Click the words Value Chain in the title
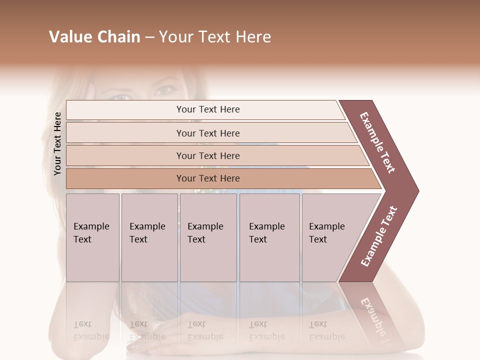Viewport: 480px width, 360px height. click(x=94, y=37)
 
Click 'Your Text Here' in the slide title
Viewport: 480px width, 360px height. click(x=215, y=37)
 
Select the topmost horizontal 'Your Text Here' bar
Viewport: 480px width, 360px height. click(x=208, y=109)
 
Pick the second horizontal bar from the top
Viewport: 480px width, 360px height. click(x=208, y=133)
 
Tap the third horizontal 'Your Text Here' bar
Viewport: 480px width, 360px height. click(x=208, y=155)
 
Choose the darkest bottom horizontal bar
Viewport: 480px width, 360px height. click(x=208, y=178)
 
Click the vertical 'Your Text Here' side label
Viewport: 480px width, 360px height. click(x=57, y=143)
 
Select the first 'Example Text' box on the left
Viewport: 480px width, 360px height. click(x=92, y=237)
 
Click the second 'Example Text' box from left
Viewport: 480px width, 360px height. click(x=149, y=237)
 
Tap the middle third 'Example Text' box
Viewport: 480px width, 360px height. click(x=208, y=237)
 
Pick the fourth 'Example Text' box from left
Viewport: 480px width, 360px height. click(x=269, y=237)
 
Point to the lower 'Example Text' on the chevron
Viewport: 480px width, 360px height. click(x=378, y=236)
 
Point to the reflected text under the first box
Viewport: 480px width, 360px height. click(x=91, y=330)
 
